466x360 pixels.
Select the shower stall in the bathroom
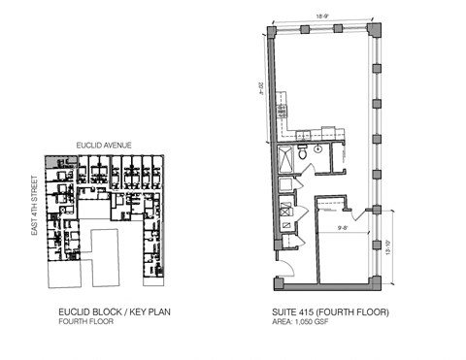click(x=287, y=158)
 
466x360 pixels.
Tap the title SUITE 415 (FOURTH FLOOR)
click(x=331, y=313)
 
